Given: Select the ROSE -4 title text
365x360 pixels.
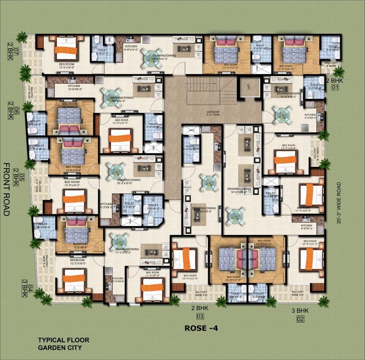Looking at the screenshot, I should (201, 328).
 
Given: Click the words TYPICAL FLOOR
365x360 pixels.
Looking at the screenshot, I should (63, 340).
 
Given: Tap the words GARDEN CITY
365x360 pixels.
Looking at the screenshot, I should (60, 348).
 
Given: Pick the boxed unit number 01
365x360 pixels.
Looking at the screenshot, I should (334, 88).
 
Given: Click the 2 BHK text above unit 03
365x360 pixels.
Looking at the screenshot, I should (199, 308).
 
